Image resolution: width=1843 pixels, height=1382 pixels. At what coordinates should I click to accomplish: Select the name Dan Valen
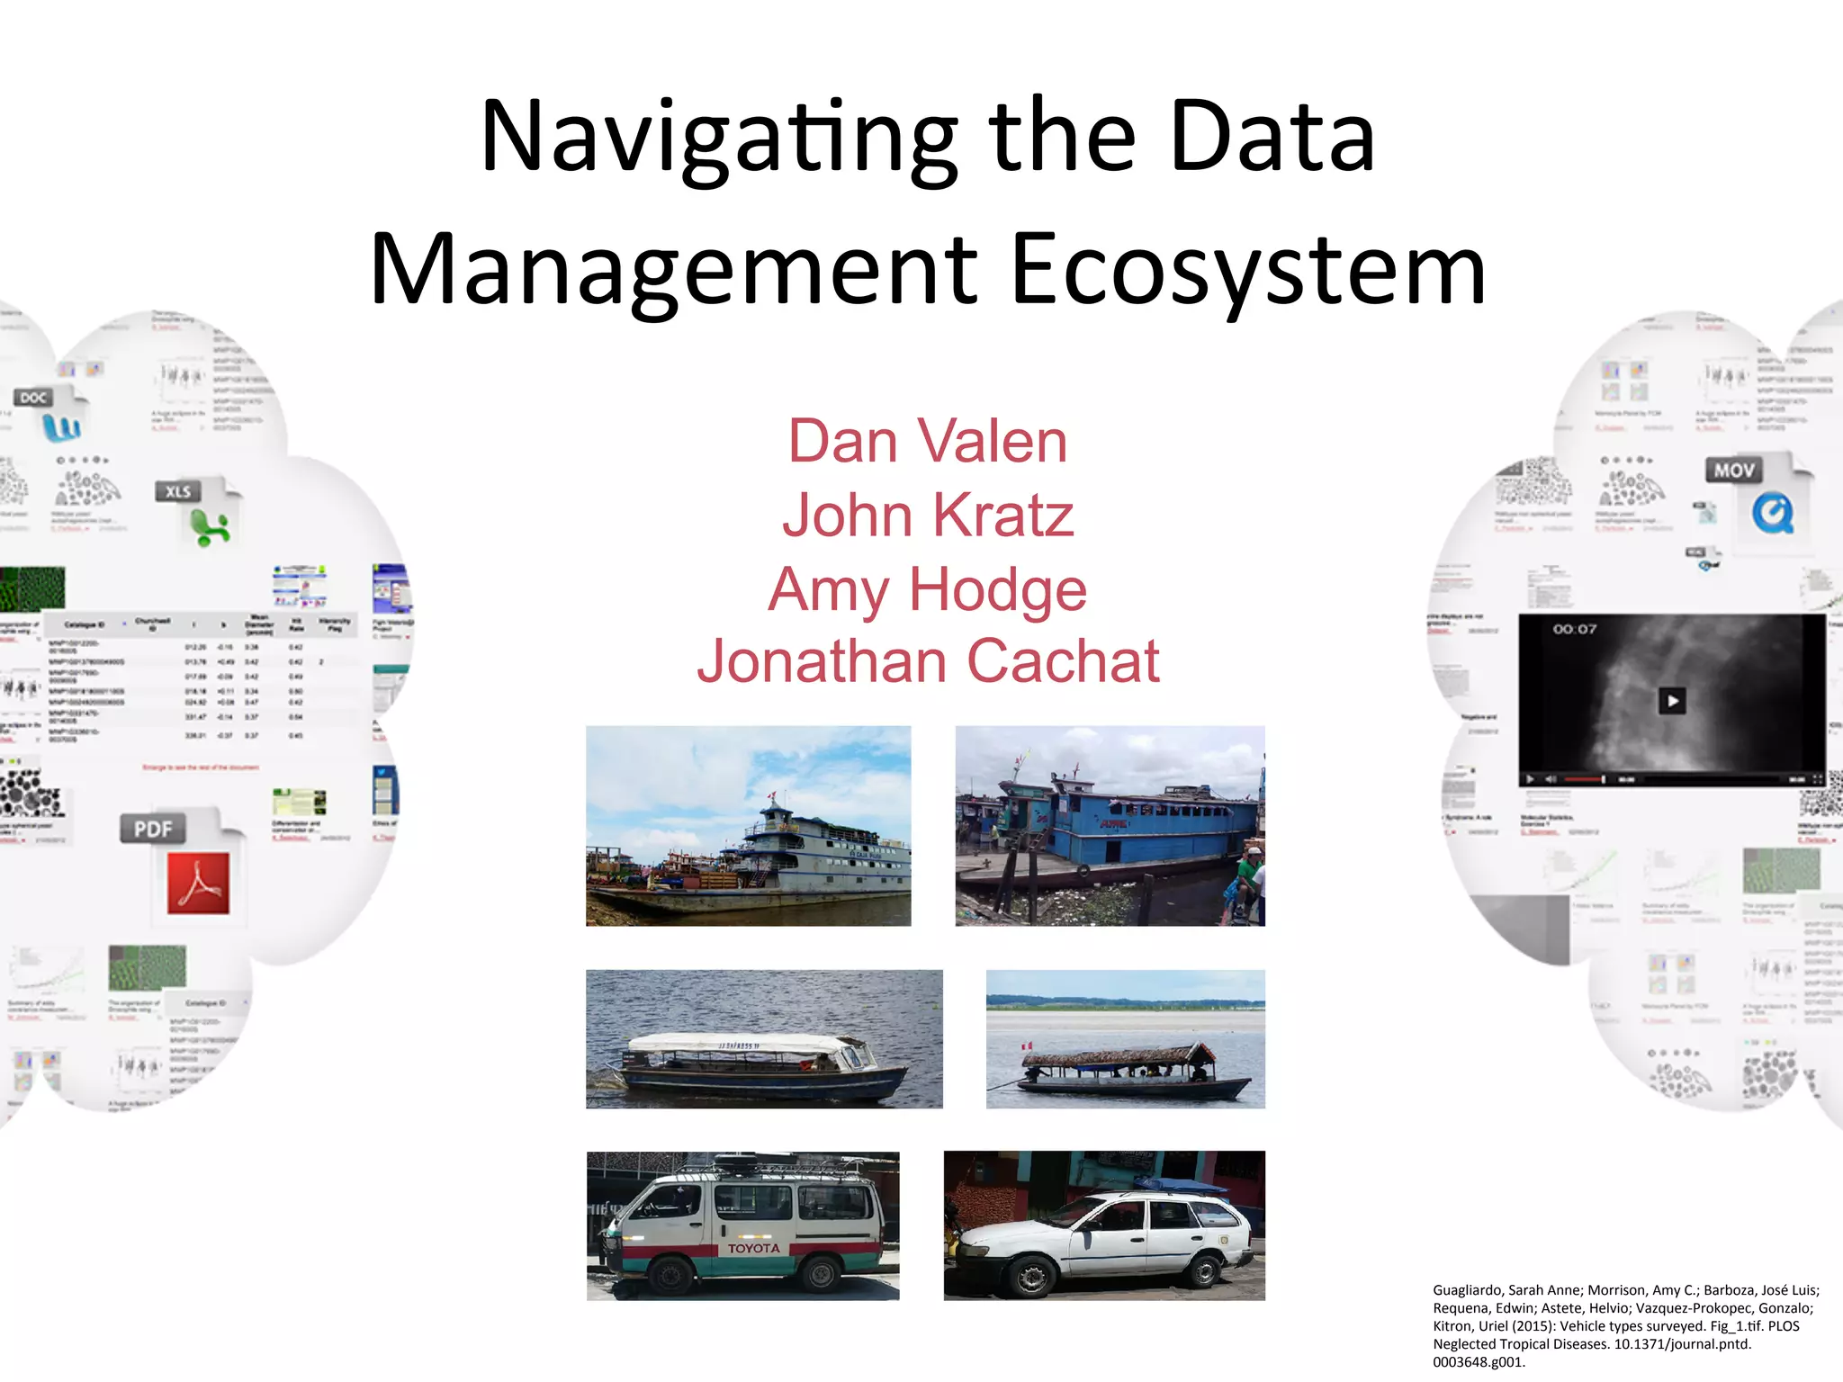click(x=928, y=442)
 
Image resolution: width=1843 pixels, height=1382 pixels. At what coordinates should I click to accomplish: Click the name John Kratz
click(x=928, y=516)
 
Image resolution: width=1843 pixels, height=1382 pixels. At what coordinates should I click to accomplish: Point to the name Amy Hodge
click(x=928, y=590)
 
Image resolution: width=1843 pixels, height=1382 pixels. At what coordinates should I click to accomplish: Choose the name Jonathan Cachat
click(x=928, y=661)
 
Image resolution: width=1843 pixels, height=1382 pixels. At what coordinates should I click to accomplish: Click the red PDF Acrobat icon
click(x=198, y=883)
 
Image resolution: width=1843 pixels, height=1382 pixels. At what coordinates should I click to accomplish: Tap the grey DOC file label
click(x=33, y=398)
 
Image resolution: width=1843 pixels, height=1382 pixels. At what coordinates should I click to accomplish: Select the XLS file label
click(x=178, y=491)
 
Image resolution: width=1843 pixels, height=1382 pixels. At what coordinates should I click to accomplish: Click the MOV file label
click(x=1733, y=470)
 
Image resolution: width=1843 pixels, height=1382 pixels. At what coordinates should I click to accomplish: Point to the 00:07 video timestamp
click(x=1574, y=629)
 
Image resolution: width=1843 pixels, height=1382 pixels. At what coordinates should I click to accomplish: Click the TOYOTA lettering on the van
click(x=754, y=1248)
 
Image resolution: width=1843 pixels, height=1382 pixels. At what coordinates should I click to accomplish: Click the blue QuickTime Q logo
click(x=1772, y=514)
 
